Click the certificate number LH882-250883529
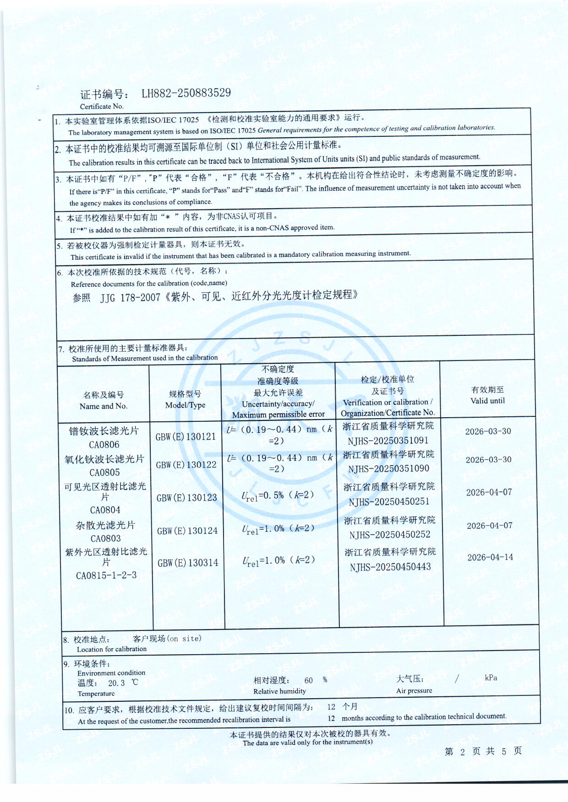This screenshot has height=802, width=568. pyautogui.click(x=186, y=93)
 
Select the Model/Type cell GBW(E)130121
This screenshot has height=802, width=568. pyautogui.click(x=186, y=437)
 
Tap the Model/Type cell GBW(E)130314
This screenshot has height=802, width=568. pyautogui.click(x=188, y=563)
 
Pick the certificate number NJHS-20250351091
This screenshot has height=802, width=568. pyautogui.click(x=388, y=441)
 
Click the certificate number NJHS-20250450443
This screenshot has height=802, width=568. pyautogui.click(x=390, y=567)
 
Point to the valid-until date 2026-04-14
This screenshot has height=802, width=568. pyautogui.click(x=490, y=557)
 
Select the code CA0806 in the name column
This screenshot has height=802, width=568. pyautogui.click(x=104, y=445)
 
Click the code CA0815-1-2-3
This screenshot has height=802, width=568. pyautogui.click(x=106, y=576)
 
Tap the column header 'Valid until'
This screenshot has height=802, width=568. pyautogui.click(x=487, y=401)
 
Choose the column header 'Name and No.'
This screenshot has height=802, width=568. pyautogui.click(x=104, y=406)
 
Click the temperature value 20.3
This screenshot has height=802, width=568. pyautogui.click(x=116, y=683)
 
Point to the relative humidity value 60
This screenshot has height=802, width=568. pyautogui.click(x=309, y=680)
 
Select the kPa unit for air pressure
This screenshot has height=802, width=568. pyautogui.click(x=491, y=678)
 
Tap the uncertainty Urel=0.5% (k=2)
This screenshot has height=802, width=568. pyautogui.click(x=278, y=496)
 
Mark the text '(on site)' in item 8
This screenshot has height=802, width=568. pyautogui.click(x=184, y=639)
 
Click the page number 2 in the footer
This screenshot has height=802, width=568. pyautogui.click(x=463, y=752)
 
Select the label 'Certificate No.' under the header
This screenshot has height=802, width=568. pyautogui.click(x=102, y=107)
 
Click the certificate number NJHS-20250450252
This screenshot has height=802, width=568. pyautogui.click(x=390, y=535)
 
